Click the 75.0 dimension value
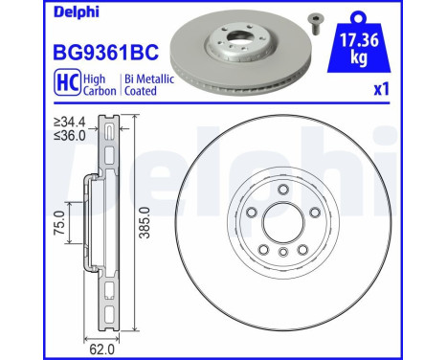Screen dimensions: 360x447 [x=59, y=230]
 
